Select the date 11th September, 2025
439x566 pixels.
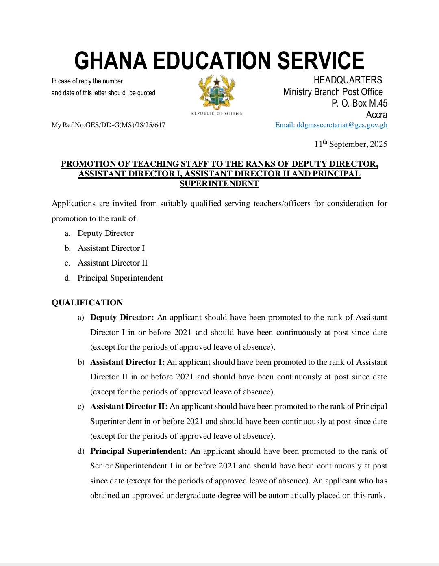coord(350,144)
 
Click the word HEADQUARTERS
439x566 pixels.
coord(348,80)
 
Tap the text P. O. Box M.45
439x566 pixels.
coord(359,103)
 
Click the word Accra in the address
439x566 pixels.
coord(376,115)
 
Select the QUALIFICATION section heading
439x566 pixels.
coord(87,303)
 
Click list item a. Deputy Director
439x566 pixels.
coord(105,233)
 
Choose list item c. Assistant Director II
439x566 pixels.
coord(112,263)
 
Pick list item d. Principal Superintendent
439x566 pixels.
coord(120,278)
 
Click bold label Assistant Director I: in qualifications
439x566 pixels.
coord(127,362)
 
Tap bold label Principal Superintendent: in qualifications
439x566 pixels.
coord(138,451)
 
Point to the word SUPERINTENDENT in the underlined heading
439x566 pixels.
coord(219,183)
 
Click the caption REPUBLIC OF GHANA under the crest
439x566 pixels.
coord(217,113)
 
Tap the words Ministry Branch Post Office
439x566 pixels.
coord(333,92)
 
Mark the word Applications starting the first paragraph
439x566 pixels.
coord(73,203)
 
